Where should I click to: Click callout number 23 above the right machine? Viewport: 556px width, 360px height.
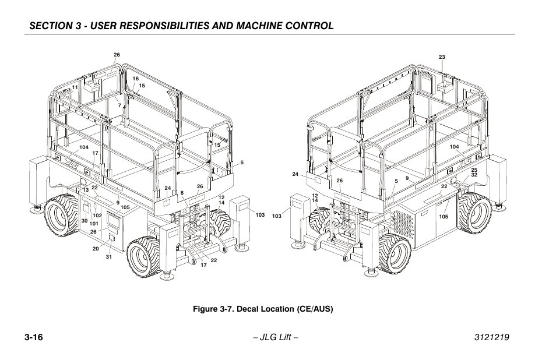[x=442, y=57]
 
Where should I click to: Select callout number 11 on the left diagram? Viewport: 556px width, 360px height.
[x=75, y=87]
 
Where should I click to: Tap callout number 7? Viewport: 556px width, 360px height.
[x=119, y=105]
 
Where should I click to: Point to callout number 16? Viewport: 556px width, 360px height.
[x=135, y=79]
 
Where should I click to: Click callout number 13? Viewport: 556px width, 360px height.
[x=85, y=190]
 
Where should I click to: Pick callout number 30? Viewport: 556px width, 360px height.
[x=84, y=221]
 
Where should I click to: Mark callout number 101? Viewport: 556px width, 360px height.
[x=94, y=224]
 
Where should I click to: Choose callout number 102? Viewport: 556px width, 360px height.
[x=97, y=216]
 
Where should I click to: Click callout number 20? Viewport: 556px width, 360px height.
[x=96, y=249]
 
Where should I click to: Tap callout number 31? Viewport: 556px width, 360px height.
[x=108, y=257]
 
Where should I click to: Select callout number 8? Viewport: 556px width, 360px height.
[x=182, y=193]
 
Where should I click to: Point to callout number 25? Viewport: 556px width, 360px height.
[x=474, y=170]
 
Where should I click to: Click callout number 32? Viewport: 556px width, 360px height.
[x=474, y=175]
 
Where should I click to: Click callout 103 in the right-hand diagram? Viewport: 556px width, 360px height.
[x=276, y=216]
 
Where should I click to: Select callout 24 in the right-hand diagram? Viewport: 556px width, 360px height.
[x=295, y=174]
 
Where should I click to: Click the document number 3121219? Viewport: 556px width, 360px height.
[x=488, y=338]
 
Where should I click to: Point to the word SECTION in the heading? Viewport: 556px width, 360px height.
[x=50, y=26]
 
